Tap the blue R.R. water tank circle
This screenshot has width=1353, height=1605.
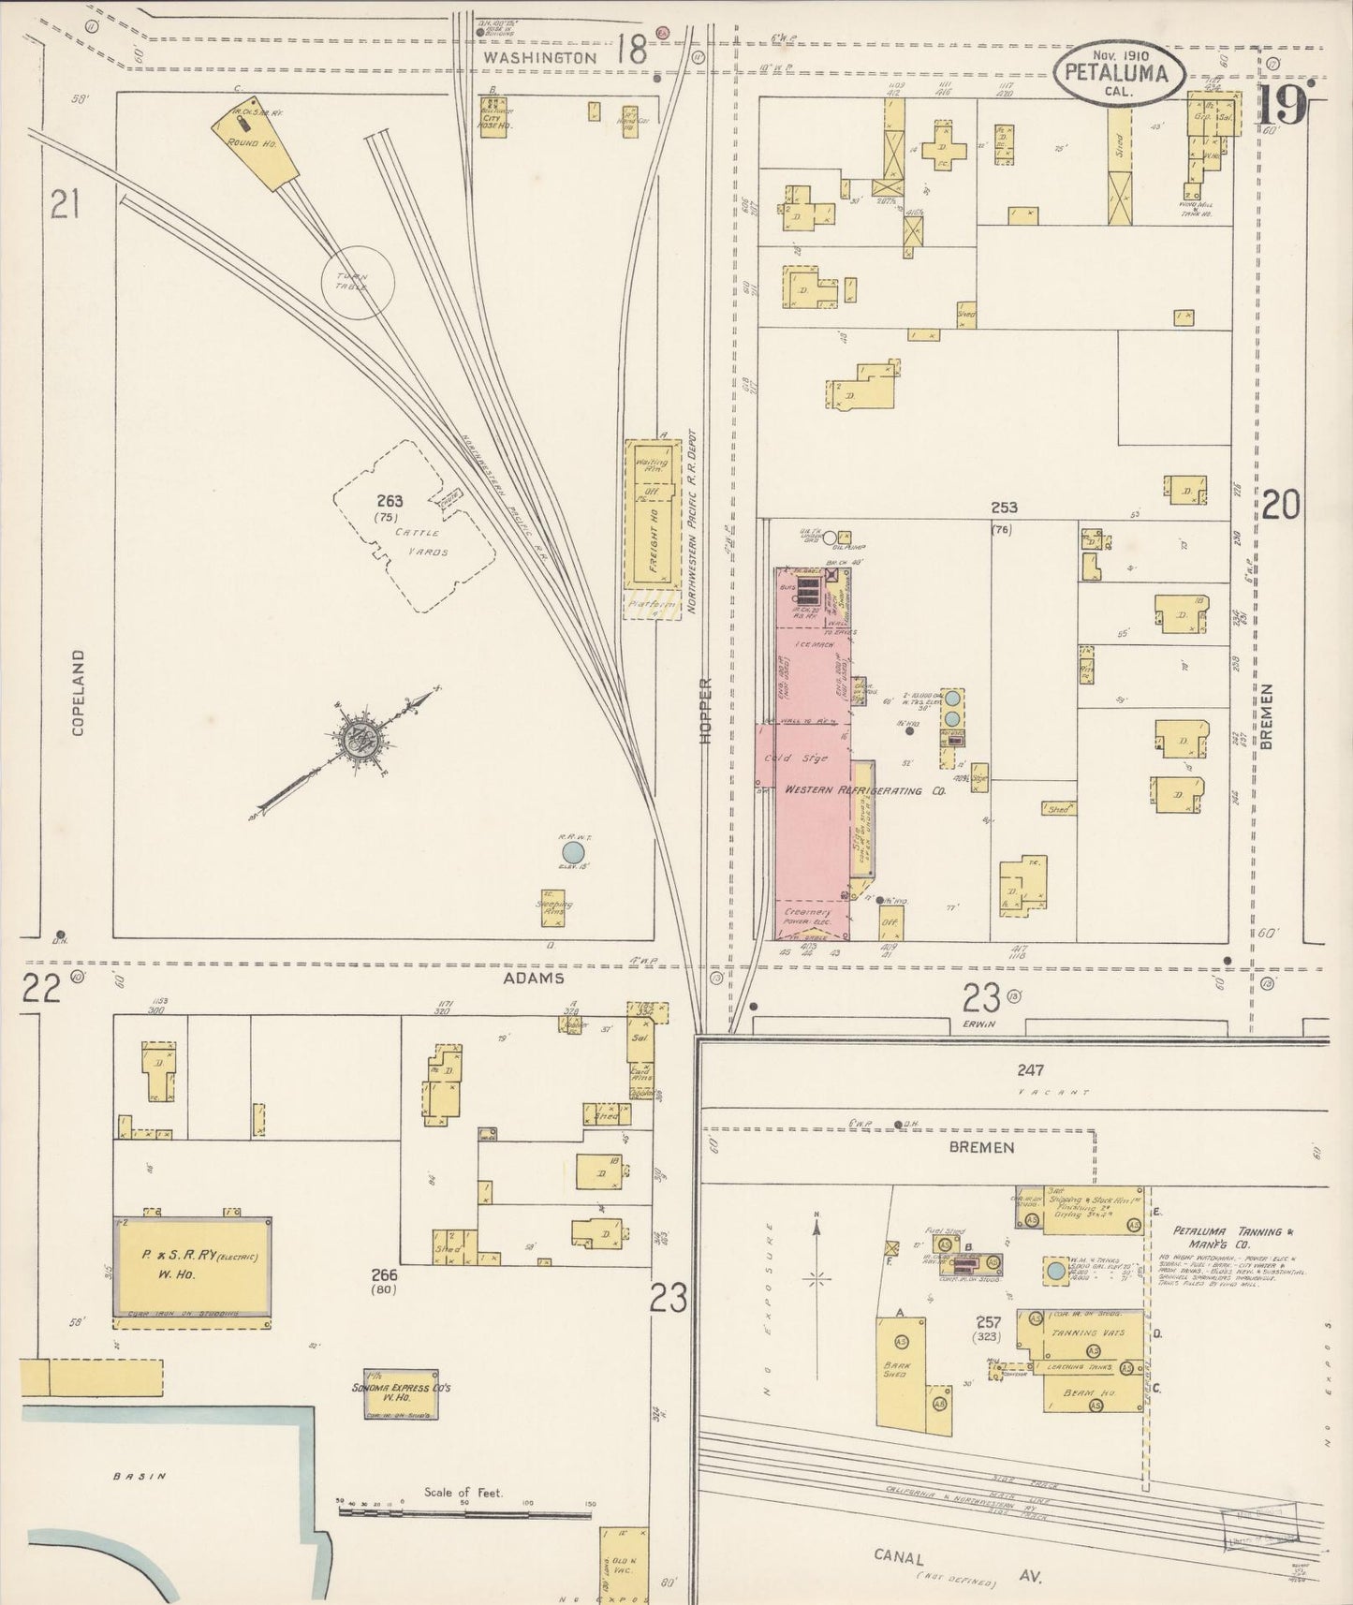[572, 852]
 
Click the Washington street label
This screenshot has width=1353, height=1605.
[540, 57]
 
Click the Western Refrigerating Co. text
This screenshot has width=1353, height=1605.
[864, 790]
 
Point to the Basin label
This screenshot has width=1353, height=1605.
[140, 1477]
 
